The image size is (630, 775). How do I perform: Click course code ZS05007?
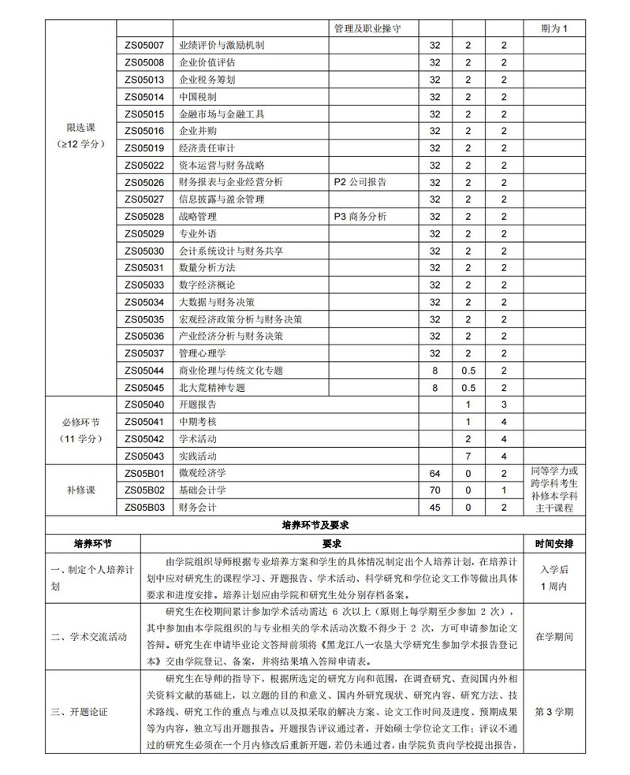(144, 45)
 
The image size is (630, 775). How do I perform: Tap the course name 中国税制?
(198, 97)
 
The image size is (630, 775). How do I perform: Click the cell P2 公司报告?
(360, 182)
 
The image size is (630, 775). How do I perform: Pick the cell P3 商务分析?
(360, 217)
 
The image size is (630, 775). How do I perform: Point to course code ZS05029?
(144, 234)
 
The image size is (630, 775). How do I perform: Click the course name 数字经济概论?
(207, 285)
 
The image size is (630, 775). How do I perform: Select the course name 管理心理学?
(203, 353)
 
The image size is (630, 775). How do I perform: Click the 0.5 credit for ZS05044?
(468, 371)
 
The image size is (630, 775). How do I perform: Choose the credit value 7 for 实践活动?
(468, 456)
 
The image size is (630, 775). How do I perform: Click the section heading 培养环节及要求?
(315, 524)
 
